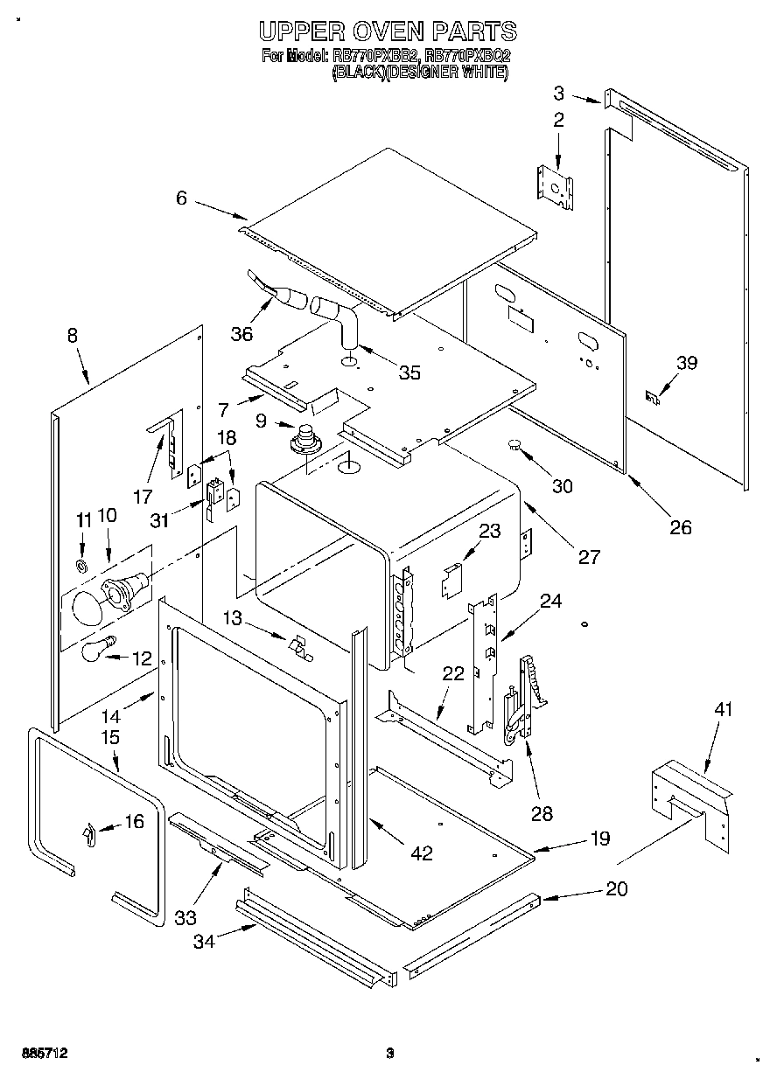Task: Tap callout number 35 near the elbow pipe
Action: [409, 372]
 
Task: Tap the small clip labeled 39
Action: [651, 397]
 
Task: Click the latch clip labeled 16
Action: [88, 835]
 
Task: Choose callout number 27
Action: [589, 556]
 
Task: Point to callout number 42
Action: [422, 853]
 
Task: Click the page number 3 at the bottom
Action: [391, 1053]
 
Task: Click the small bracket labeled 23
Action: [451, 580]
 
